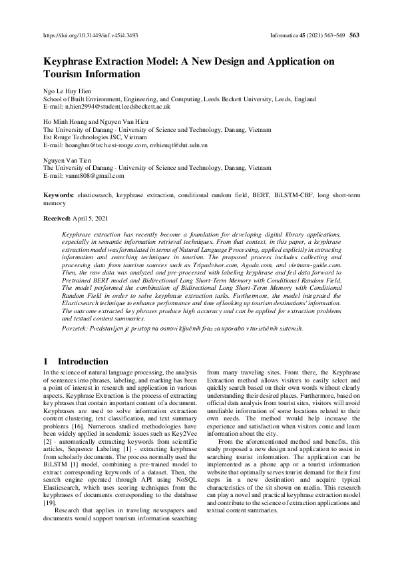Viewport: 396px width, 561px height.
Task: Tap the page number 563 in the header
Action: click(354, 35)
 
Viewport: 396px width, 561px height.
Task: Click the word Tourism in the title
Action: click(64, 75)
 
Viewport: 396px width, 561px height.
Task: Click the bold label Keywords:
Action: click(58, 194)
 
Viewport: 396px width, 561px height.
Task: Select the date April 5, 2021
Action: click(93, 219)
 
